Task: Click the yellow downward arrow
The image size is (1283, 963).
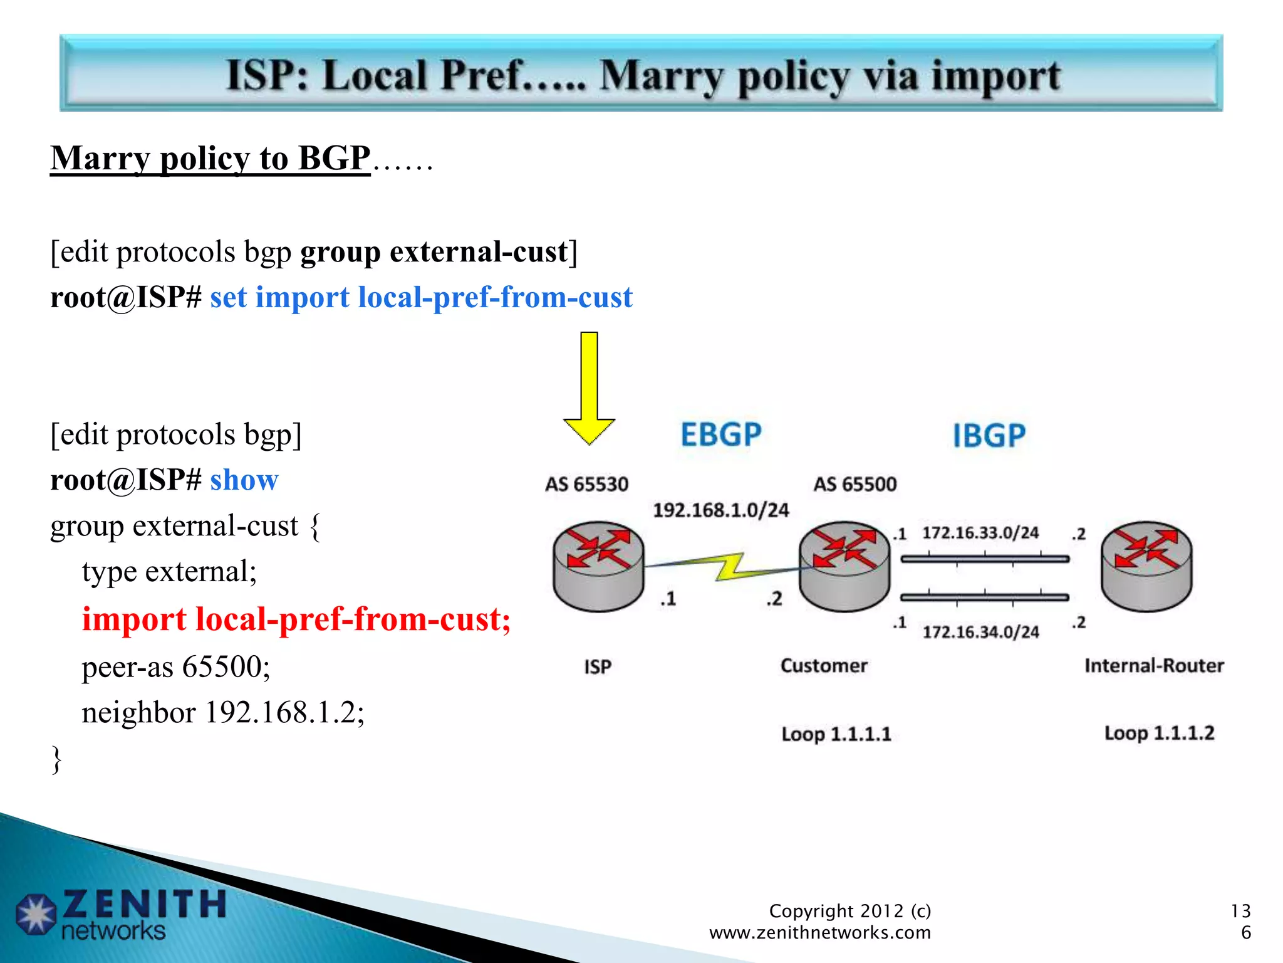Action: pyautogui.click(x=589, y=389)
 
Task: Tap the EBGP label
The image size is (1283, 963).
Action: pyautogui.click(x=721, y=434)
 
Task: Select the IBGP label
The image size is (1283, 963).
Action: pyautogui.click(x=989, y=436)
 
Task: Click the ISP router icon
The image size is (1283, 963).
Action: pyautogui.click(x=598, y=566)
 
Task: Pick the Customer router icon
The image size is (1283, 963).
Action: pyautogui.click(x=844, y=566)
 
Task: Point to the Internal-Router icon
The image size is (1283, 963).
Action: pyautogui.click(x=1146, y=566)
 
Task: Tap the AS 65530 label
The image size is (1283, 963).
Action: pyautogui.click(x=586, y=484)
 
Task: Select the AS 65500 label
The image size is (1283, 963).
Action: pyautogui.click(x=855, y=484)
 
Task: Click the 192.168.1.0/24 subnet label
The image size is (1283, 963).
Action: pyautogui.click(x=721, y=510)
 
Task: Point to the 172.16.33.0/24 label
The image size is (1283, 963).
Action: pyautogui.click(x=980, y=533)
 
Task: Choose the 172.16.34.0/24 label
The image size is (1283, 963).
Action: pyautogui.click(x=980, y=631)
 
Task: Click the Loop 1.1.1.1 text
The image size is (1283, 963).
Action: pyautogui.click(x=836, y=734)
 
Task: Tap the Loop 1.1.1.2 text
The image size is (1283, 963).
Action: pyautogui.click(x=1159, y=732)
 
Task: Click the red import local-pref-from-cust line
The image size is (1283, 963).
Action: pyautogui.click(x=296, y=619)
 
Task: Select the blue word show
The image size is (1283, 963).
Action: pyautogui.click(x=244, y=480)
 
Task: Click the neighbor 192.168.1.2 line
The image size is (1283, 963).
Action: pyautogui.click(x=223, y=712)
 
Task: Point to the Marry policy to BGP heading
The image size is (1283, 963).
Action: pyautogui.click(x=210, y=158)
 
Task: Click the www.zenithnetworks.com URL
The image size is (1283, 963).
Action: pyautogui.click(x=820, y=933)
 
